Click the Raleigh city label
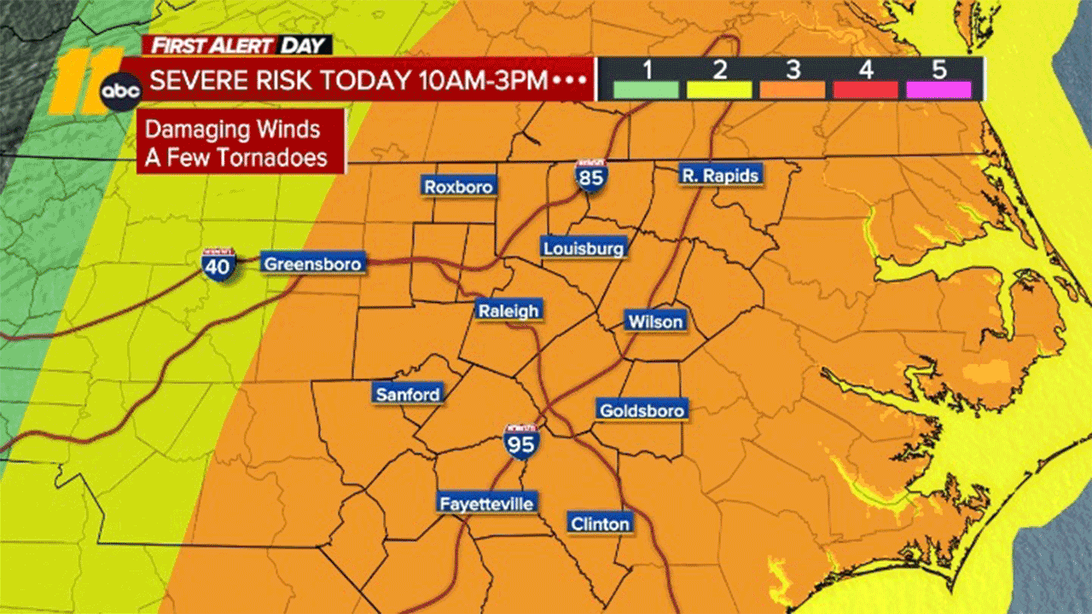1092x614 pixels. point(508,311)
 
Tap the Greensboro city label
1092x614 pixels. point(312,264)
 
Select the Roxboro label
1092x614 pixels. point(459,187)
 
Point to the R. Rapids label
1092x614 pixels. point(720,176)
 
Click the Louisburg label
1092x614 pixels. point(584,249)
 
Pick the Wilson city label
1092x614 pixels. point(655,321)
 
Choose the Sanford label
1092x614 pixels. point(408,394)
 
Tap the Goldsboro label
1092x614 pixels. point(642,410)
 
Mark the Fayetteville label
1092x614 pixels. point(486,504)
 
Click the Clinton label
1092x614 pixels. point(601,524)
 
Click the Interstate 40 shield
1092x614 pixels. point(220,265)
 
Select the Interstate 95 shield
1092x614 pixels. point(520,441)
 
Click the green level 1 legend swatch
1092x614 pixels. point(646,90)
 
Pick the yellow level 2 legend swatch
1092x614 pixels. point(719,90)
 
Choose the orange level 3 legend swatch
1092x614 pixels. point(793,90)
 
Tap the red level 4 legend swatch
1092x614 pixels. point(866,90)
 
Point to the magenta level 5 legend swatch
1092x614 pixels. point(939,90)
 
